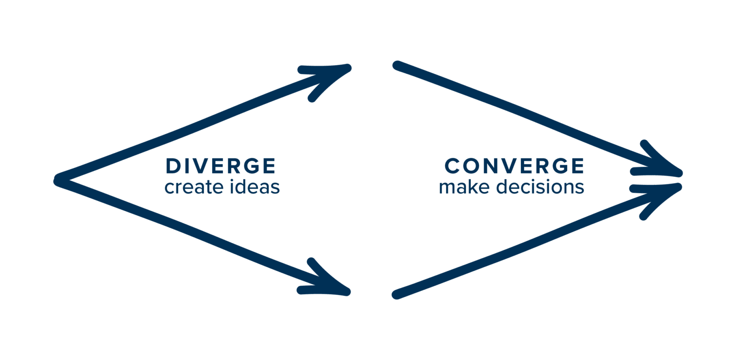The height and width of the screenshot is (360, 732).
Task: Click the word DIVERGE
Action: (x=220, y=166)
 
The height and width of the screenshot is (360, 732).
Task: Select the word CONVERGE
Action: (x=514, y=166)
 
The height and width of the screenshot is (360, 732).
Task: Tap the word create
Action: (x=190, y=187)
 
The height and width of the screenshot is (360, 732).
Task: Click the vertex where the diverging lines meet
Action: (x=59, y=180)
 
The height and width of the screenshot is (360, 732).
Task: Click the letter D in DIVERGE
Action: (x=172, y=166)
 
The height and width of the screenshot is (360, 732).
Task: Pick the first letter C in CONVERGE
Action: (x=452, y=166)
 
